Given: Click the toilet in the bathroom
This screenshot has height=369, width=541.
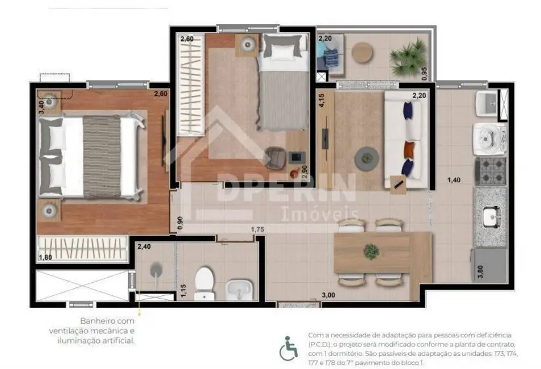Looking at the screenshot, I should [204, 282].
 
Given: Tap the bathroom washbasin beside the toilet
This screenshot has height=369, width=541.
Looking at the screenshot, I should [236, 290].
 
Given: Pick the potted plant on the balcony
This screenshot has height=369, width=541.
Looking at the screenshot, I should [408, 56].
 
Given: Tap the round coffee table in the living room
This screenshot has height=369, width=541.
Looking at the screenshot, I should [366, 157].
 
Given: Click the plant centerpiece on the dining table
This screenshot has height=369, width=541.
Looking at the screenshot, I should [371, 250].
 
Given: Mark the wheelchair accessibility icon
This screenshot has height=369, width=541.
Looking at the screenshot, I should [289, 348].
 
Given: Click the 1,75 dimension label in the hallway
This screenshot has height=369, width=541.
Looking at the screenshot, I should [259, 229].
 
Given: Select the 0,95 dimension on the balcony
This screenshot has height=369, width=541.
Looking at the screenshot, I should [424, 73].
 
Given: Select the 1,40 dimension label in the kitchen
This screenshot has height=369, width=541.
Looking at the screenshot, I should [454, 180].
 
